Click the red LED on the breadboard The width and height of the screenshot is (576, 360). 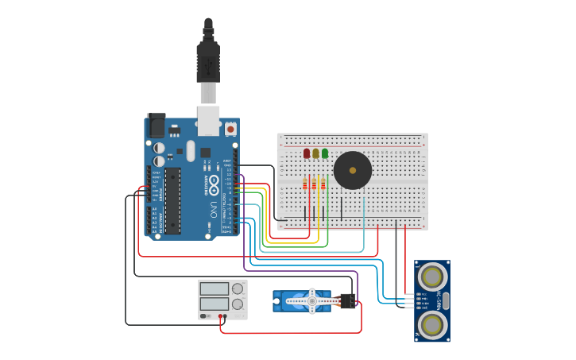(x=307, y=153)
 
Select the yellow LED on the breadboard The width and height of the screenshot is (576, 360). (x=315, y=153)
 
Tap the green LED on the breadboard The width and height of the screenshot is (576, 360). (x=324, y=153)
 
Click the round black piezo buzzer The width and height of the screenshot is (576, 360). (x=352, y=170)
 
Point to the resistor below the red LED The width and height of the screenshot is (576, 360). (x=306, y=184)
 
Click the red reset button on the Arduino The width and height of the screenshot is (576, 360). (x=230, y=128)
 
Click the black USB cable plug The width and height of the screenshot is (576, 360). (x=207, y=63)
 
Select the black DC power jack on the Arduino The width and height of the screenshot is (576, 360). (x=157, y=126)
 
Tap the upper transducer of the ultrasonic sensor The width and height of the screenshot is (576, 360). (x=432, y=277)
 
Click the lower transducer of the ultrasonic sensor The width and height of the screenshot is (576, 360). (x=432, y=324)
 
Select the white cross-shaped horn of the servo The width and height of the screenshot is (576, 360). (x=311, y=300)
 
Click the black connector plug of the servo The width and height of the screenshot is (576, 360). (x=347, y=301)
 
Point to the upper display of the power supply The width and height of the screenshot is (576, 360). (x=215, y=288)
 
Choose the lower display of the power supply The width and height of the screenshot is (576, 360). (x=215, y=304)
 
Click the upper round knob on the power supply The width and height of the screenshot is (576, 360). (x=237, y=288)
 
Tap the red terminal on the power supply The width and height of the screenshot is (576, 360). (x=220, y=316)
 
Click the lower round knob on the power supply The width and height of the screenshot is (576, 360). (x=237, y=304)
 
